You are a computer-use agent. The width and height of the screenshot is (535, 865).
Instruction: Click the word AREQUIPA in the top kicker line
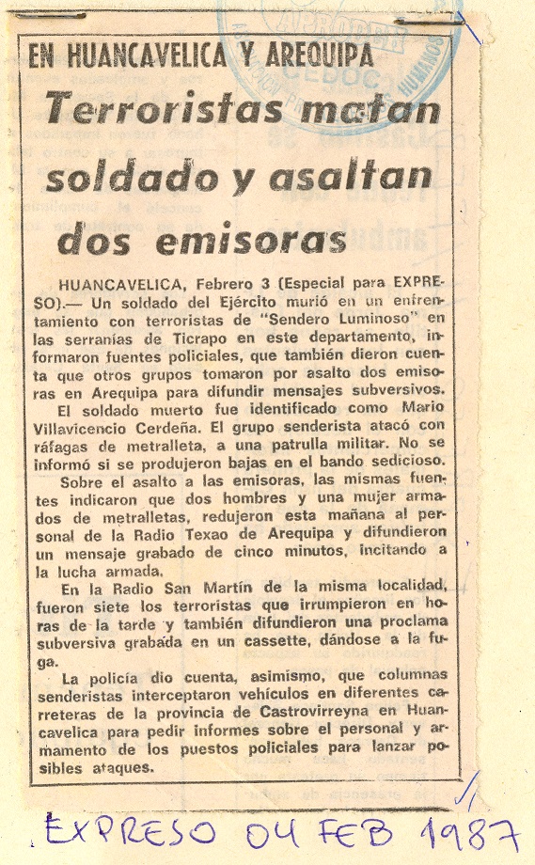click(307, 55)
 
